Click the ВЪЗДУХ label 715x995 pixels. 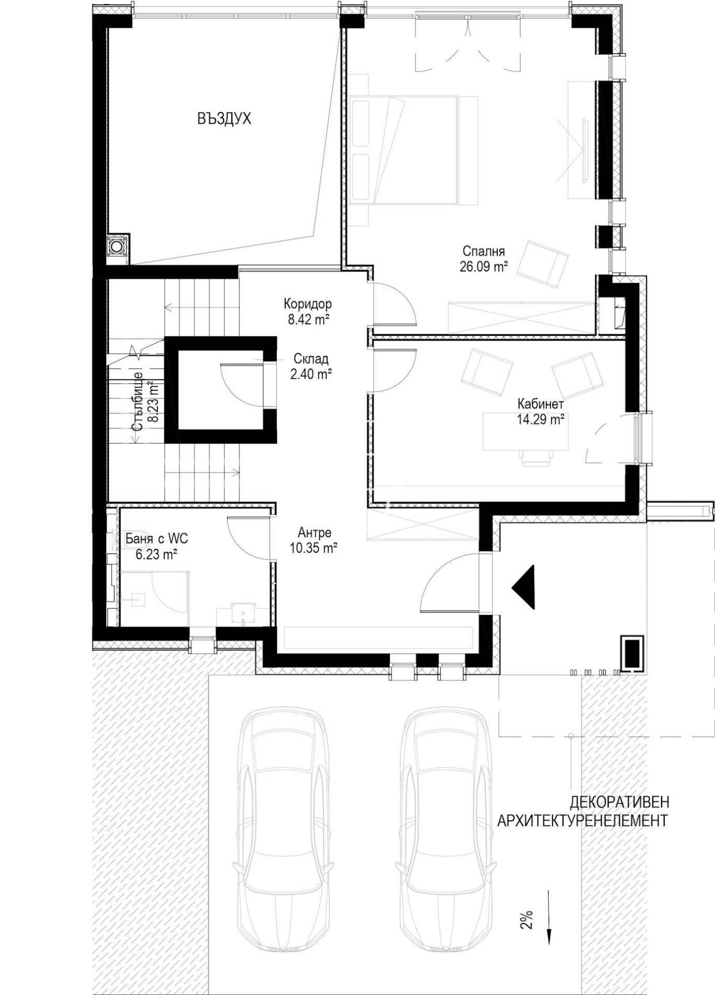[x=224, y=119]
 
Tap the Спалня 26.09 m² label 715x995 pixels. [x=484, y=258]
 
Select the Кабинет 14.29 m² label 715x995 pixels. [x=540, y=411]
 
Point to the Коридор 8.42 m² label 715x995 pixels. [x=308, y=311]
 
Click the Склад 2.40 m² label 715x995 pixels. [x=311, y=366]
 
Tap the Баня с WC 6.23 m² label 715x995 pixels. [x=157, y=546]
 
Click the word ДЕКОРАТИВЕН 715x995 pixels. [x=619, y=802]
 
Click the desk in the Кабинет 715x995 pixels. [x=524, y=432]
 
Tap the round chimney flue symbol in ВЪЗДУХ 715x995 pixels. [x=116, y=246]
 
